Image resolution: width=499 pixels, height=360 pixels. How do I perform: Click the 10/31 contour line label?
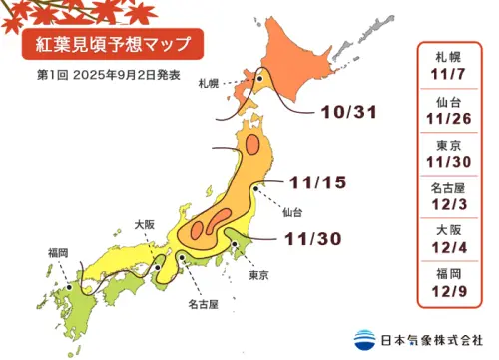[342, 111]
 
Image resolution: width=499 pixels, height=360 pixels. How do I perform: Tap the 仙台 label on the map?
[292, 211]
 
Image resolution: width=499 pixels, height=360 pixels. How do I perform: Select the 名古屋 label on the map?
[187, 299]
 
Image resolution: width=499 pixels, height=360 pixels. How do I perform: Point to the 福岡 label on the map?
[57, 253]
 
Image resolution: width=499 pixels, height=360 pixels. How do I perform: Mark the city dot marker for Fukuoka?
[69, 284]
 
